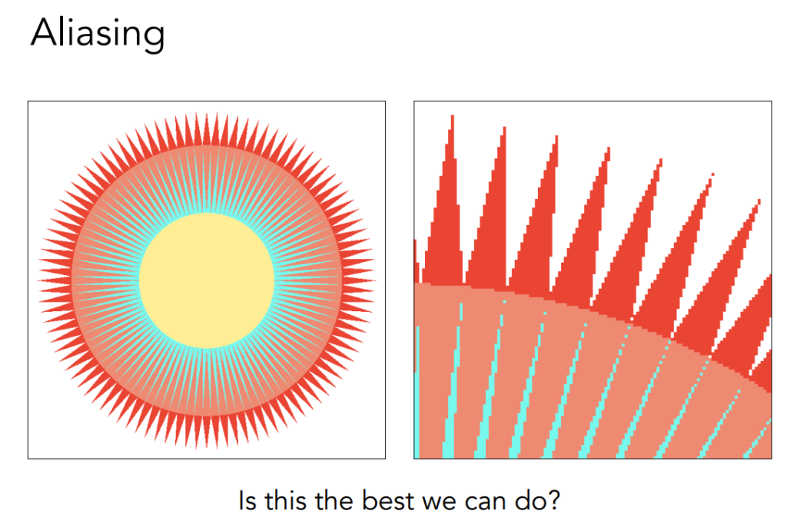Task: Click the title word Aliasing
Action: (x=98, y=34)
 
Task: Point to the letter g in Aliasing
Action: (x=151, y=38)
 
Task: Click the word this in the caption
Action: (x=286, y=500)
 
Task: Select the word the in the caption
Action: (x=334, y=500)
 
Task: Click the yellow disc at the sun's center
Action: (x=207, y=280)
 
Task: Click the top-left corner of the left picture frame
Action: (x=28, y=101)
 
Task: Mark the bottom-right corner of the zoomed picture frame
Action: (x=772, y=458)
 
